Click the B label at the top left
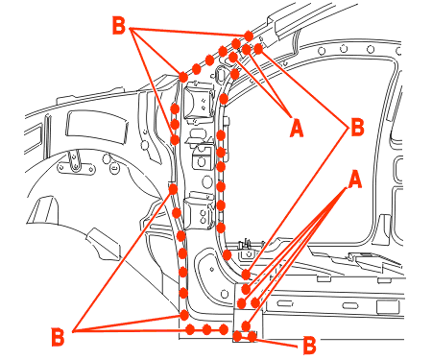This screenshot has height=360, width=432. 119,25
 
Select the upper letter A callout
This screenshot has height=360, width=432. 297,128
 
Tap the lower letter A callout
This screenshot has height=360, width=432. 355,180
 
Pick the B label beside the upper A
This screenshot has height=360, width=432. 357,127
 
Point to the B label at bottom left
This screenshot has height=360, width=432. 58,337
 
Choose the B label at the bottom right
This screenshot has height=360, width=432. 309,346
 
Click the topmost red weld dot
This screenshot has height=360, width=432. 249,36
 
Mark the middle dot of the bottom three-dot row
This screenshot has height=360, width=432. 206,329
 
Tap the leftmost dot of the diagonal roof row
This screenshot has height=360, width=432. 183,77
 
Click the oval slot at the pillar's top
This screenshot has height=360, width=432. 221,74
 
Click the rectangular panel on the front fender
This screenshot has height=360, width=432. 97,128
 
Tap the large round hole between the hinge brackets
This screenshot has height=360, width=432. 207,181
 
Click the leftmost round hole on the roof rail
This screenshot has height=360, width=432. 322,51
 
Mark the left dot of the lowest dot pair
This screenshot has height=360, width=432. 237,336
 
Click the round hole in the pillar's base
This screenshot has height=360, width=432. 225,294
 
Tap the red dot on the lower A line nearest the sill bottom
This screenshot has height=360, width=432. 246,326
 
